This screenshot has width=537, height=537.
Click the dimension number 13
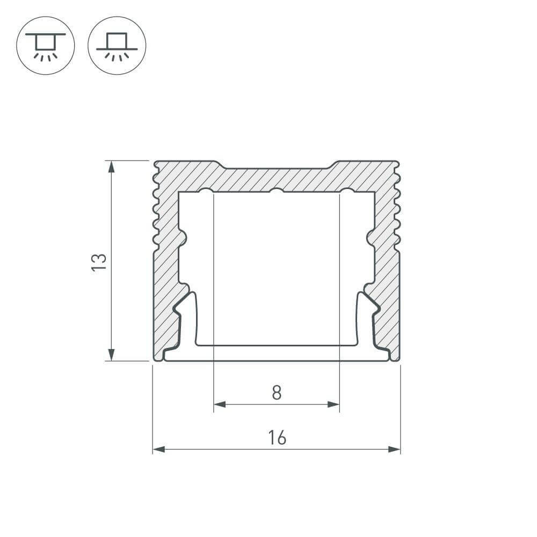point(99,263)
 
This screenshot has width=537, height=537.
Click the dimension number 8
point(277,393)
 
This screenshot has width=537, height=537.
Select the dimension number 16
point(277,438)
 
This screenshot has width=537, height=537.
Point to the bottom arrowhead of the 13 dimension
point(111,354)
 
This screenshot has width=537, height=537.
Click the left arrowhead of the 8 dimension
point(220,404)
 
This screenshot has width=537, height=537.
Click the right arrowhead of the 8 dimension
point(333,404)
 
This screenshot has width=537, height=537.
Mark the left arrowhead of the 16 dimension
point(158,449)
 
